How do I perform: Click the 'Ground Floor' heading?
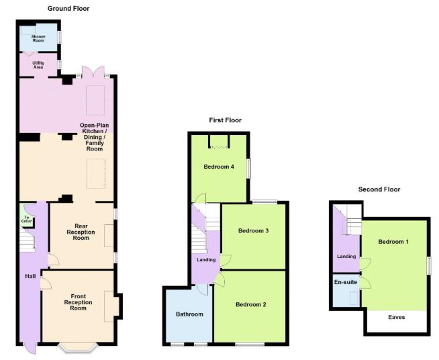(68, 9)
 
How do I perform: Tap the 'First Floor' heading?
(225, 120)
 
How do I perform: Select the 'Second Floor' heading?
(379, 189)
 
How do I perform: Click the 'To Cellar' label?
(27, 219)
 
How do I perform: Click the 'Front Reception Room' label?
(79, 302)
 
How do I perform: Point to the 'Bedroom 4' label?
(219, 167)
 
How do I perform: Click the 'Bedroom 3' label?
(254, 230)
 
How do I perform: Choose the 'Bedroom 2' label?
(250, 304)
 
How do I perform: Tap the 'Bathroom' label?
(189, 314)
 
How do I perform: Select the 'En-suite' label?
(345, 282)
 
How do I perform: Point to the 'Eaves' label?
(396, 317)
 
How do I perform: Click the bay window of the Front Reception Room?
(77, 348)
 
